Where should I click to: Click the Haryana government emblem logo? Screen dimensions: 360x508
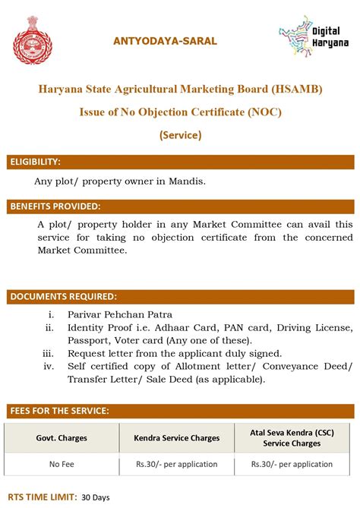(33, 39)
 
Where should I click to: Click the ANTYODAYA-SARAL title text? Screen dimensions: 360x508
(165, 40)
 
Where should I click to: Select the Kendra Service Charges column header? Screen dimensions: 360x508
(177, 438)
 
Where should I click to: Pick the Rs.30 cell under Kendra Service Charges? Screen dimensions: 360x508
(177, 464)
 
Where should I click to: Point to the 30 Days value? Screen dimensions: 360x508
(96, 497)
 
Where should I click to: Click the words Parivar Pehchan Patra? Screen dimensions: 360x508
(120, 314)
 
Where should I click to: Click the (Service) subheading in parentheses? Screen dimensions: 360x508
(180, 135)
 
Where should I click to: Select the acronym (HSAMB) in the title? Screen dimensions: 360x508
(295, 89)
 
